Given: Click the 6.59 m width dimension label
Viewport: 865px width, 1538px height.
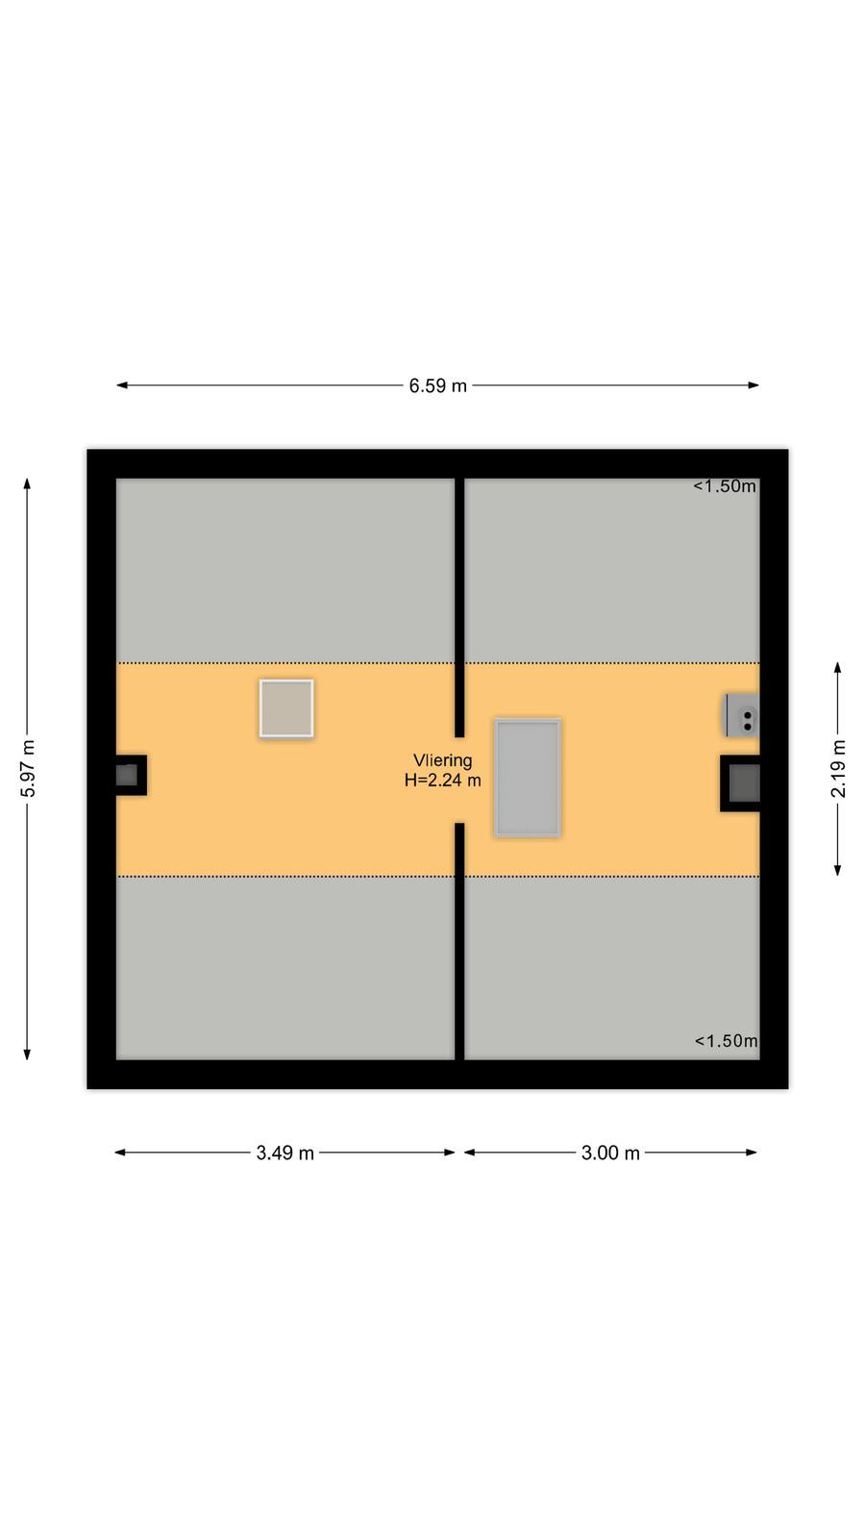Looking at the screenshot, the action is pos(437,385).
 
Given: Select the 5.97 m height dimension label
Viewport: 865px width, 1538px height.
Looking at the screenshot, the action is pos(28,769).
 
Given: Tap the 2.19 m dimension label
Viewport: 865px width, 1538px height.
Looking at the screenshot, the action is pos(837,769).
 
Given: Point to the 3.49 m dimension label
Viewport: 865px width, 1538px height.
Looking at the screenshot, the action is pos(284,1153).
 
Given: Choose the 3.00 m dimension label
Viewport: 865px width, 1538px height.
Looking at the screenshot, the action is pos(610,1153).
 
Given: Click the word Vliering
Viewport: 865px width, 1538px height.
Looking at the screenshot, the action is pos(443,760).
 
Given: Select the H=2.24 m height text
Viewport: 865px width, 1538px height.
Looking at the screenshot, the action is pos(443,780).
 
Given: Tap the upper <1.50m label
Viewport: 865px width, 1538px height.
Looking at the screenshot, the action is pos(725,486).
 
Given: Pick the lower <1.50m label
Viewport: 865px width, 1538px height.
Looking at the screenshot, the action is pos(727,1041).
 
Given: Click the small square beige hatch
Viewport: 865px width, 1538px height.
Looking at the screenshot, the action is pos(286,708).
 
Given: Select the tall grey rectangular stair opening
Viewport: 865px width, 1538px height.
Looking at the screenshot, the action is pos(528,778).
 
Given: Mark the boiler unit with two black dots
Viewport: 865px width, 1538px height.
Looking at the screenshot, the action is pos(742,715).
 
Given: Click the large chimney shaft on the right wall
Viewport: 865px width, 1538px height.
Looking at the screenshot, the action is pos(740,783).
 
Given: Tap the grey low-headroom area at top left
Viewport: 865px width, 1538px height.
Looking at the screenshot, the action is pos(284,571).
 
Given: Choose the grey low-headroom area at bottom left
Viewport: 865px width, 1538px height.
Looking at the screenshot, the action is pos(284,968).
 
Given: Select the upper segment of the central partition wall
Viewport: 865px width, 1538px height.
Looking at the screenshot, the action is pos(459,608).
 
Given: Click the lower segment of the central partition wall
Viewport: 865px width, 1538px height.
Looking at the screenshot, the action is pos(459,941).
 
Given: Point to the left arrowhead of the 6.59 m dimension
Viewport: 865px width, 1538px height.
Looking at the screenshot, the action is pos(121,385).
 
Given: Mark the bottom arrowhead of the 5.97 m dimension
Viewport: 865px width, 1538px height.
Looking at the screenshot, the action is pos(28,1054).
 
